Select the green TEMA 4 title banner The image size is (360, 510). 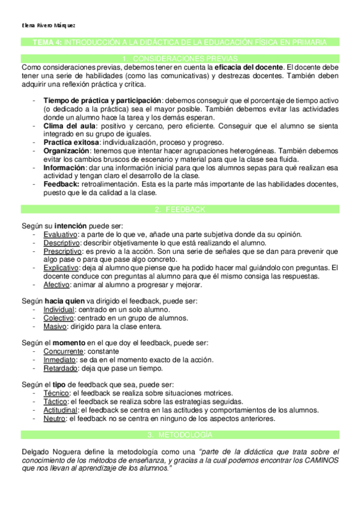(180, 42)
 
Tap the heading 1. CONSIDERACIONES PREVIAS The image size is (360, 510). (180, 58)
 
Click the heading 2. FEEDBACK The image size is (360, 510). (180, 209)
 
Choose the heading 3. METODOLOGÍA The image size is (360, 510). (180, 434)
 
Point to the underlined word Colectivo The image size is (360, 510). (58, 317)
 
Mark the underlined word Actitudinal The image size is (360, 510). (63, 409)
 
